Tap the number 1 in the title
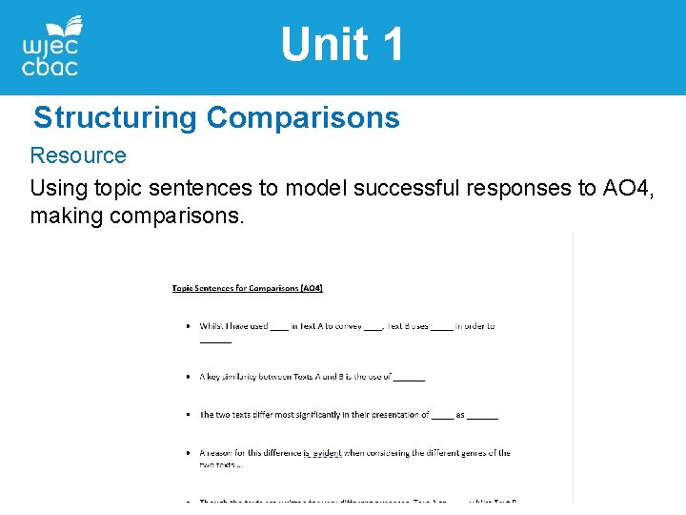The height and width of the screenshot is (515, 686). [x=392, y=45]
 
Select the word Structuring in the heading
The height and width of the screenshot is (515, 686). [x=115, y=118]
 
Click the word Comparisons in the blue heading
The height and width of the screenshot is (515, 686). [x=303, y=118]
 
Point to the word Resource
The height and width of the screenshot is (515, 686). [x=78, y=155]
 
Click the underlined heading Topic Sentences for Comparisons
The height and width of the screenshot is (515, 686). [x=247, y=287]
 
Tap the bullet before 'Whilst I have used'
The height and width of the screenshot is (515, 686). [x=188, y=326]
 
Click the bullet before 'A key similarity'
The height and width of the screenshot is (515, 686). [x=188, y=377]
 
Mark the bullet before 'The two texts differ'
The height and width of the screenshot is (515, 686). [x=188, y=415]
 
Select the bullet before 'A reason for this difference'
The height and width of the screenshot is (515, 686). [x=188, y=453]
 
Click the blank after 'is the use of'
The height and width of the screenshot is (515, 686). [x=410, y=378]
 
